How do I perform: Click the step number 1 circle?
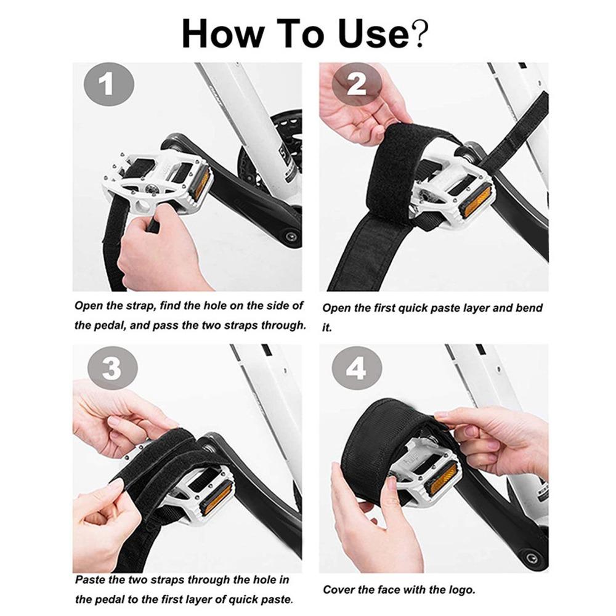pyautogui.click(x=108, y=84)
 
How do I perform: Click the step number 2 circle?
pyautogui.click(x=357, y=84)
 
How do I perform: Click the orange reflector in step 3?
pyautogui.click(x=216, y=497)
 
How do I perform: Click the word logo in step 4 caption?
pyautogui.click(x=458, y=590)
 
